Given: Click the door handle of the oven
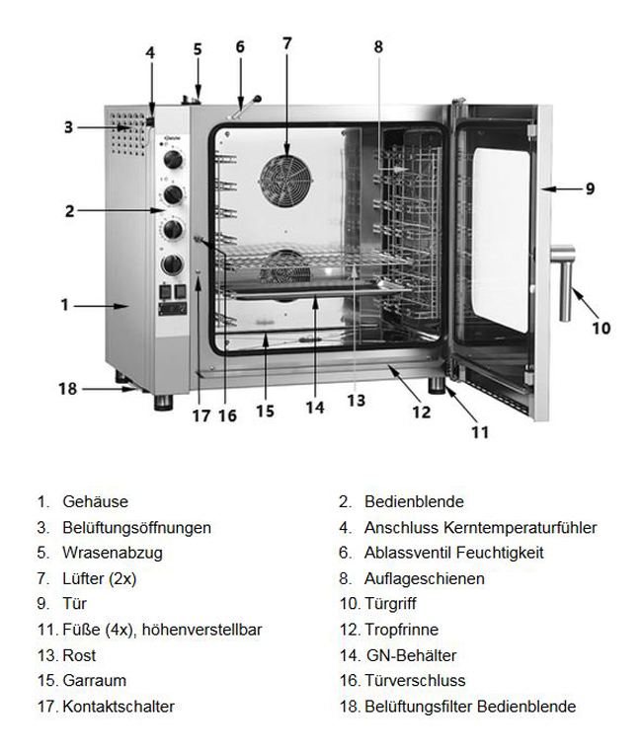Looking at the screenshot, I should (564, 282).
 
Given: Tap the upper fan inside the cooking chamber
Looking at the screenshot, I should (285, 179).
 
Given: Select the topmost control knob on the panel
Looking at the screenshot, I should (174, 159).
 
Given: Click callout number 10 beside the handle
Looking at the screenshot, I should (602, 329).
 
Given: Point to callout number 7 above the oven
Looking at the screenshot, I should (287, 43).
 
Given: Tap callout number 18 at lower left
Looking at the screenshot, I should (67, 389).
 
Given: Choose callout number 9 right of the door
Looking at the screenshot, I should (590, 188).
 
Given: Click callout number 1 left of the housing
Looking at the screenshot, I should (64, 305).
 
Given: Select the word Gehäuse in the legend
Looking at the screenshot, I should (95, 502).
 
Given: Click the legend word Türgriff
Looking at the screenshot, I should (394, 604).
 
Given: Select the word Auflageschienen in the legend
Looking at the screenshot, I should (424, 578).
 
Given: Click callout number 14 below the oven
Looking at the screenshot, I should (314, 407).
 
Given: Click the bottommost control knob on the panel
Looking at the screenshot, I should (173, 264).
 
